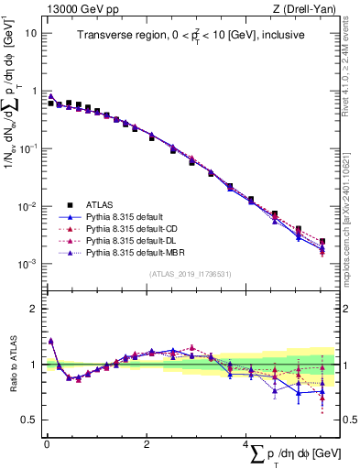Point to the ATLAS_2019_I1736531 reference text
pyautogui.click(x=189, y=274)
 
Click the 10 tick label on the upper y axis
pyautogui.click(x=31, y=32)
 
